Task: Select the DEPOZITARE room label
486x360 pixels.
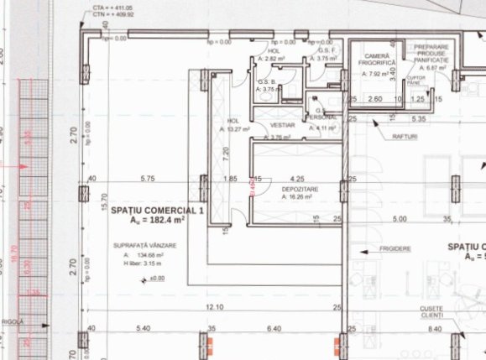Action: pos(287,190)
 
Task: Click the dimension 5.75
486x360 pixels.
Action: pos(148,179)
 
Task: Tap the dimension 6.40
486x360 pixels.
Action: pos(273,328)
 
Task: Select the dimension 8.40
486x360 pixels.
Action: pos(434,328)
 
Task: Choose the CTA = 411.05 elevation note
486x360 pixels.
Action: pos(112,8)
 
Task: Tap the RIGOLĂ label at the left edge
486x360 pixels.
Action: pos(12,321)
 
